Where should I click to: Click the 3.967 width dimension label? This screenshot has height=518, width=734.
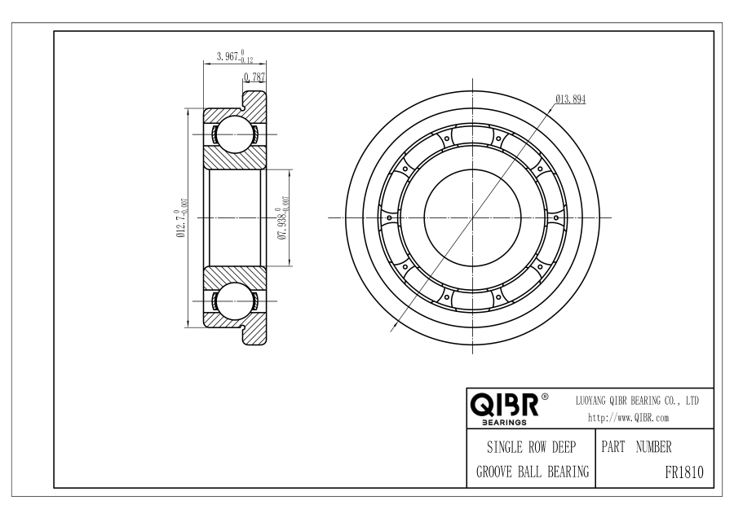pyautogui.click(x=235, y=56)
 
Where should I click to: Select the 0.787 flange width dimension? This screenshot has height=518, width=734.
pyautogui.click(x=254, y=77)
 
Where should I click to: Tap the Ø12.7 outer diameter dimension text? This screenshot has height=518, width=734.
pyautogui.click(x=182, y=217)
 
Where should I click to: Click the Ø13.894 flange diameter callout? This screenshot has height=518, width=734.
pyautogui.click(x=571, y=99)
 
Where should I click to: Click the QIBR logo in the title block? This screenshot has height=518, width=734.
pyautogui.click(x=504, y=405)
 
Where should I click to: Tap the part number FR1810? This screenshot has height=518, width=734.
pyautogui.click(x=684, y=472)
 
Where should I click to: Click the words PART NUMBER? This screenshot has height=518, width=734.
pyautogui.click(x=636, y=447)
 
